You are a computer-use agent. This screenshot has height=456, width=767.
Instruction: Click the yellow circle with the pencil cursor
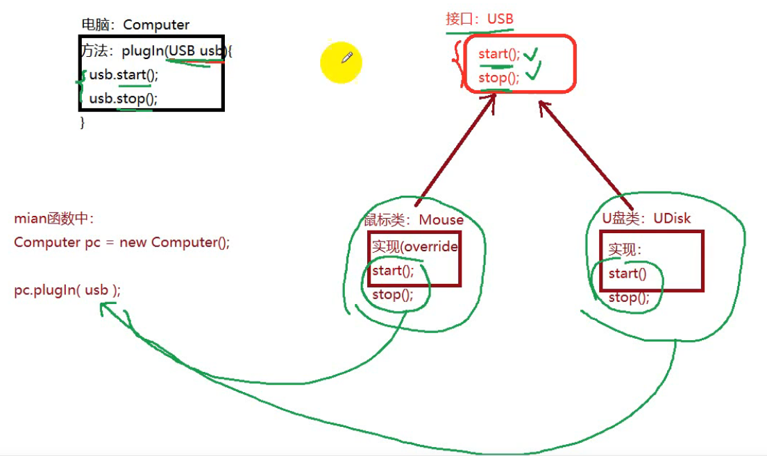[341, 62]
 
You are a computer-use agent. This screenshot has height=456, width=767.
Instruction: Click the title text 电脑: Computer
[135, 25]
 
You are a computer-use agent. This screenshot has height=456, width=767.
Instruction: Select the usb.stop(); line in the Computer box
[123, 99]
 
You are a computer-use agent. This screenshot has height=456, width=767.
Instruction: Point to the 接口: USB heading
[480, 19]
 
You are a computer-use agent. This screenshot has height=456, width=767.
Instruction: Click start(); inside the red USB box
[498, 54]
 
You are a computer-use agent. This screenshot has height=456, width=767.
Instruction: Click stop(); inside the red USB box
[498, 78]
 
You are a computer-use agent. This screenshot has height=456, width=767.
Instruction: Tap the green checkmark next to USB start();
[532, 53]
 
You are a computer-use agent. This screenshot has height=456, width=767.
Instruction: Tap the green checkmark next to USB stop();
[532, 72]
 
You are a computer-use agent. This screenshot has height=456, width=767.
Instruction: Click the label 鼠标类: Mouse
[414, 220]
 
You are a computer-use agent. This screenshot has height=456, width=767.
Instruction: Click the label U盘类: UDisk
[646, 218]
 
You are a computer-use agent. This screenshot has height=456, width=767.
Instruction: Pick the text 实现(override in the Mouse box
[414, 246]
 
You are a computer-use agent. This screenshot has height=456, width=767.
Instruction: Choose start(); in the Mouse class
[393, 271]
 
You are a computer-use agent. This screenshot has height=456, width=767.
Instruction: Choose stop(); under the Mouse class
[392, 294]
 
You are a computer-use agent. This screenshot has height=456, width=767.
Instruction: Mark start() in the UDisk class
[627, 273]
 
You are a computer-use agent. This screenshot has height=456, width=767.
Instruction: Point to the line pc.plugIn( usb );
[67, 290]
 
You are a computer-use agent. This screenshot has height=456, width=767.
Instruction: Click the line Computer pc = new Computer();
[121, 242]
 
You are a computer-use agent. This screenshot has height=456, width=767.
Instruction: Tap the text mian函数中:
[53, 219]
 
